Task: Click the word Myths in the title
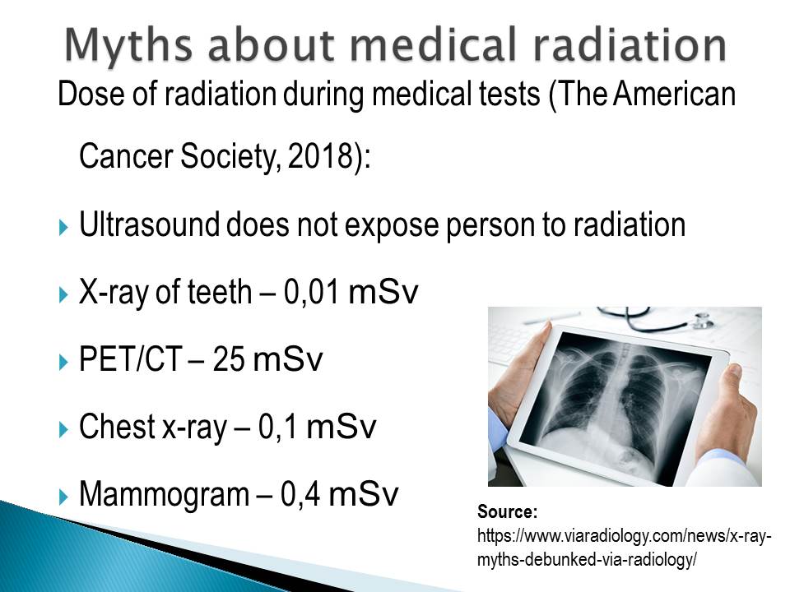pos(128,45)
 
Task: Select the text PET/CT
pos(131,359)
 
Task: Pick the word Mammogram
pos(165,495)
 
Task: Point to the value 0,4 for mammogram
pos(300,495)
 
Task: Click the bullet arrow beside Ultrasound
pos(63,227)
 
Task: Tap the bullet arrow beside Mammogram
pos(63,497)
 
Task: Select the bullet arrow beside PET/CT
pos(63,362)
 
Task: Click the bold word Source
pos(508,512)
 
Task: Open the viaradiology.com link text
pos(625,548)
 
